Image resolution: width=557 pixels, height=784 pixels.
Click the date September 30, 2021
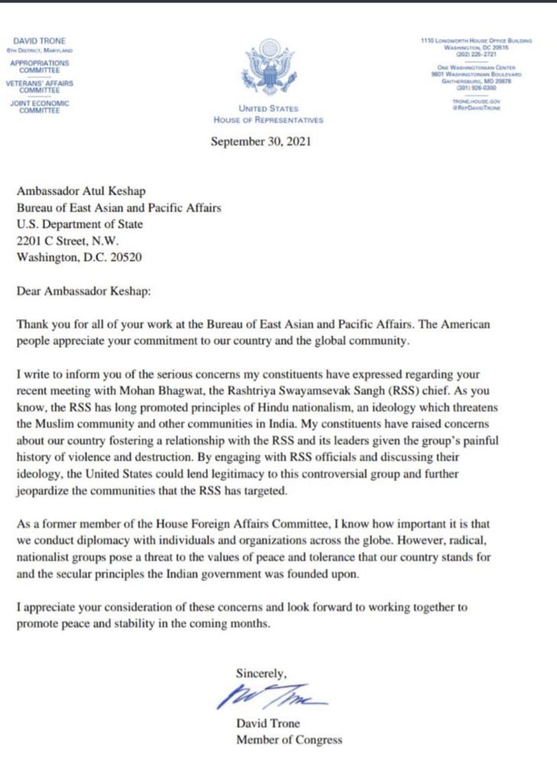[261, 141]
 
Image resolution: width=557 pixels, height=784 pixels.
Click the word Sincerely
[261, 674]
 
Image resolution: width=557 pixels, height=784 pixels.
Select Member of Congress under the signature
[288, 740]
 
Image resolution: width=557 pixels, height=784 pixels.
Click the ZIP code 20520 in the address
[128, 257]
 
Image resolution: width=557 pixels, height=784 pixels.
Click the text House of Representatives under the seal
[269, 120]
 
